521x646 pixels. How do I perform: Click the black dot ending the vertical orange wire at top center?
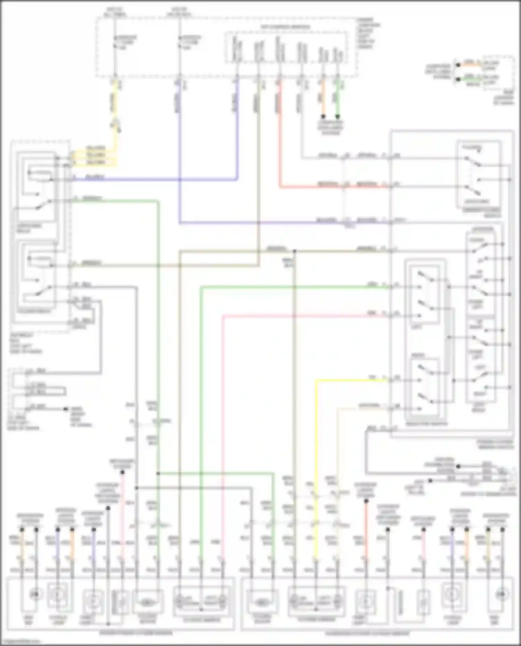click(323, 117)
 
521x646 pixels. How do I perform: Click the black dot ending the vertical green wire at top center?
click(337, 117)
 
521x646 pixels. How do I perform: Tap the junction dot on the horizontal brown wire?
click(294, 250)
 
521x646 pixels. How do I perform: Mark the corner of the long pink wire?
click(223, 316)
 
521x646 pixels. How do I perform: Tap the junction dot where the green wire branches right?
click(158, 473)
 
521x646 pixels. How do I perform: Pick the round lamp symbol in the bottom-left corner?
click(35, 594)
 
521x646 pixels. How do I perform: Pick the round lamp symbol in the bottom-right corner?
click(501, 594)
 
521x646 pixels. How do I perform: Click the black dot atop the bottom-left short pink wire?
click(122, 472)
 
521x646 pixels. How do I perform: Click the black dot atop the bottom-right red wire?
click(366, 501)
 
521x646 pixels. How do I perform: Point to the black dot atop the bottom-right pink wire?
click(423, 530)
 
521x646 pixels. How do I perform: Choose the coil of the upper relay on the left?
click(41, 173)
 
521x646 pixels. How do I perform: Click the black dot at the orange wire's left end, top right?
click(458, 65)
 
